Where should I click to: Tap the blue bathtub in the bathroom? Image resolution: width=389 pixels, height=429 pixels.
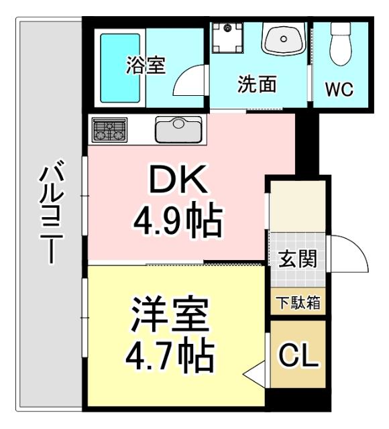coord(120,68)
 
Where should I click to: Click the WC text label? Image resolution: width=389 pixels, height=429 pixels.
coord(339,89)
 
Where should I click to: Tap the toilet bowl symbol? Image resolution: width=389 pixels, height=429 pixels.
coord(341,46)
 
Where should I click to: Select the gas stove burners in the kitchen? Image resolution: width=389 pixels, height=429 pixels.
coord(109,130)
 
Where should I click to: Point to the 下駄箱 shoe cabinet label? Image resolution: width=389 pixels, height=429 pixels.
coord(298,303)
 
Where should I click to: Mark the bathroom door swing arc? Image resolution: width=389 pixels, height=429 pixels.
coord(190,82)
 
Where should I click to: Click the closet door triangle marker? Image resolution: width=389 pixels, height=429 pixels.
coord(258,373)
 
